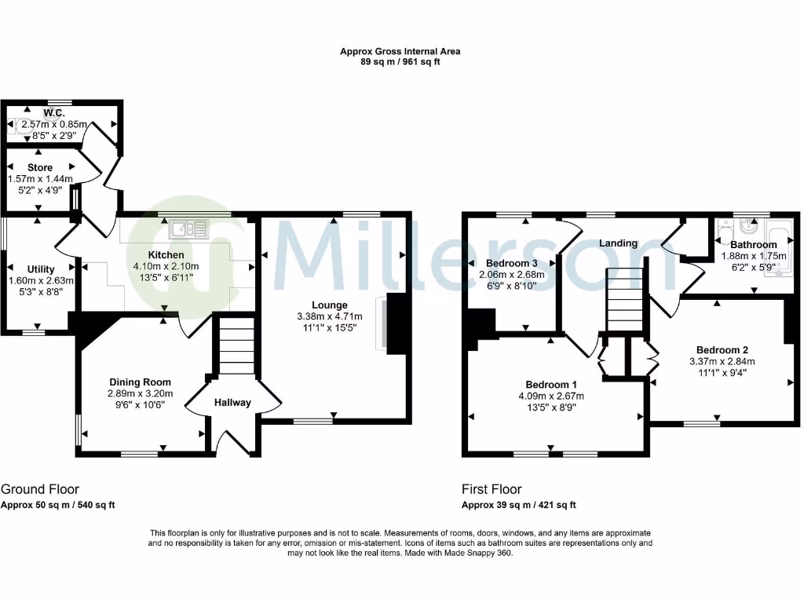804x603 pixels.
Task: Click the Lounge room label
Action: tap(328, 305)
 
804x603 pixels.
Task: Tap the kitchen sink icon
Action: tap(188, 229)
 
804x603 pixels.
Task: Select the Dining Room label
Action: tap(141, 382)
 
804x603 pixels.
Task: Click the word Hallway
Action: tap(233, 403)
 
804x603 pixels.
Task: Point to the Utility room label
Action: tap(41, 269)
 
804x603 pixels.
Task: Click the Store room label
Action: tap(40, 167)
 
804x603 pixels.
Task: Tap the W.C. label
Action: tap(53, 113)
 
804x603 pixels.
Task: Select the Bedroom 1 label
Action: tap(547, 385)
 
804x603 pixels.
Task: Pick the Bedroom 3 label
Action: tap(512, 263)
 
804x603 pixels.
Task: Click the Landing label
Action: tap(619, 243)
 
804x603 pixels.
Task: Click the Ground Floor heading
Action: tap(40, 489)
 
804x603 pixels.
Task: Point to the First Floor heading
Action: tap(492, 489)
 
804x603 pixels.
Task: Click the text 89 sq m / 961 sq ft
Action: tap(400, 62)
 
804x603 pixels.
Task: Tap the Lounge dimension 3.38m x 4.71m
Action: tap(328, 316)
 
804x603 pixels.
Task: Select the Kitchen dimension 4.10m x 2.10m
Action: tap(166, 267)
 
